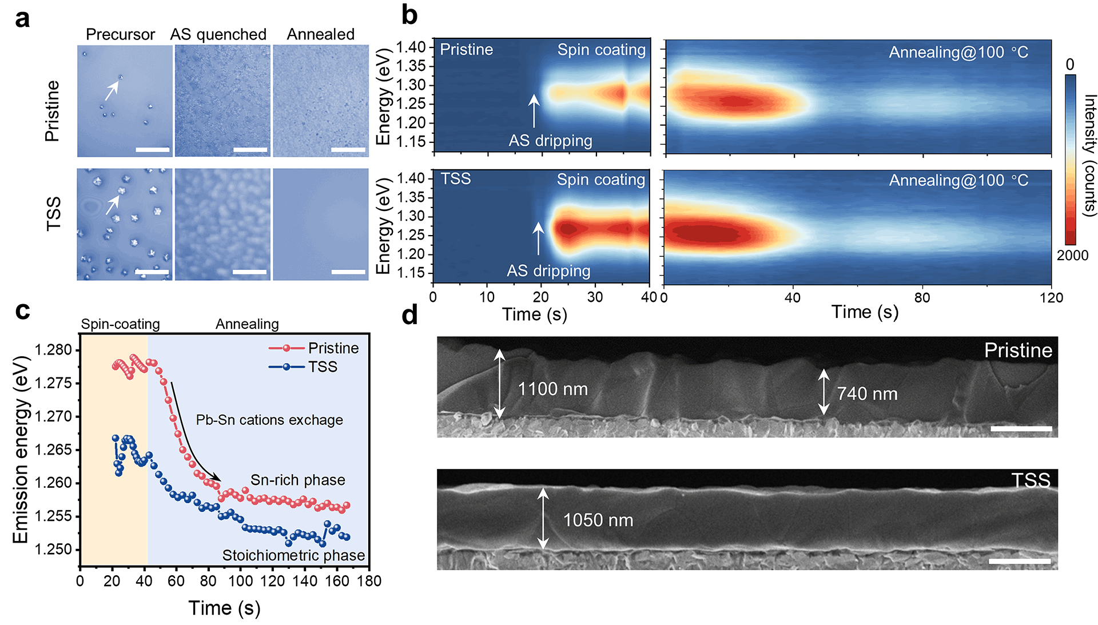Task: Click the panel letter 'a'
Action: click(22, 19)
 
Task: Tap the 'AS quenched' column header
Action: click(218, 34)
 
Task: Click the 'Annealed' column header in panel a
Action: click(320, 34)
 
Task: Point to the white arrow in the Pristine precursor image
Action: click(112, 90)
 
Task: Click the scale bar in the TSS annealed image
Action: click(348, 272)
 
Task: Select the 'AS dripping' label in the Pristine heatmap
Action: click(550, 141)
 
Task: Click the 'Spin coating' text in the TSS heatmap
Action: click(600, 180)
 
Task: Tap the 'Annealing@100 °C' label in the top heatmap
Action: click(958, 53)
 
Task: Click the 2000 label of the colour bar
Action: click(1072, 256)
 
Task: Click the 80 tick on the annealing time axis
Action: click(922, 298)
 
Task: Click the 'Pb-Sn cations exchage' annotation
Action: click(269, 420)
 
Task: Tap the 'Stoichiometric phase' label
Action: click(293, 555)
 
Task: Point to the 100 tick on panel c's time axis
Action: click(240, 582)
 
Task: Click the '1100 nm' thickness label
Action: click(552, 389)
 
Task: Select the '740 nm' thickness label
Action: click(867, 394)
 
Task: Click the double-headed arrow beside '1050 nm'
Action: click(543, 518)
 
